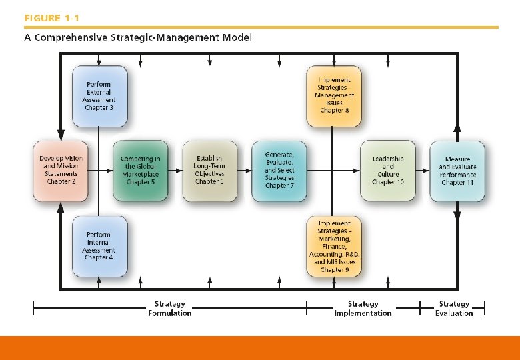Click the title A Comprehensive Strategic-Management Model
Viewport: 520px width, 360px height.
click(x=138, y=37)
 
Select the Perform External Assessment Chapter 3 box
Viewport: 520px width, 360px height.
click(x=99, y=95)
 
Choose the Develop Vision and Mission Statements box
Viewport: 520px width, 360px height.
click(x=61, y=170)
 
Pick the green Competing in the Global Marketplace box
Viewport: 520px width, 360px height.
click(x=140, y=170)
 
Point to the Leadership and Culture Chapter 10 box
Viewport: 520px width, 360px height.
click(x=387, y=170)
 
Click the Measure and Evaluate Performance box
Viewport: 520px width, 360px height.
click(x=457, y=170)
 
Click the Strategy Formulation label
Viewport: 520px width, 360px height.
click(x=169, y=309)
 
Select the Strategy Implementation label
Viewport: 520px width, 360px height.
click(x=363, y=309)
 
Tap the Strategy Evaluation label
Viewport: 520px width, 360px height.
click(x=454, y=309)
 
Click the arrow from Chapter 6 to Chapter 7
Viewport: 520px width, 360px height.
click(x=244, y=170)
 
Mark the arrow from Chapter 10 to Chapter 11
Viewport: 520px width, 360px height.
click(x=422, y=170)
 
